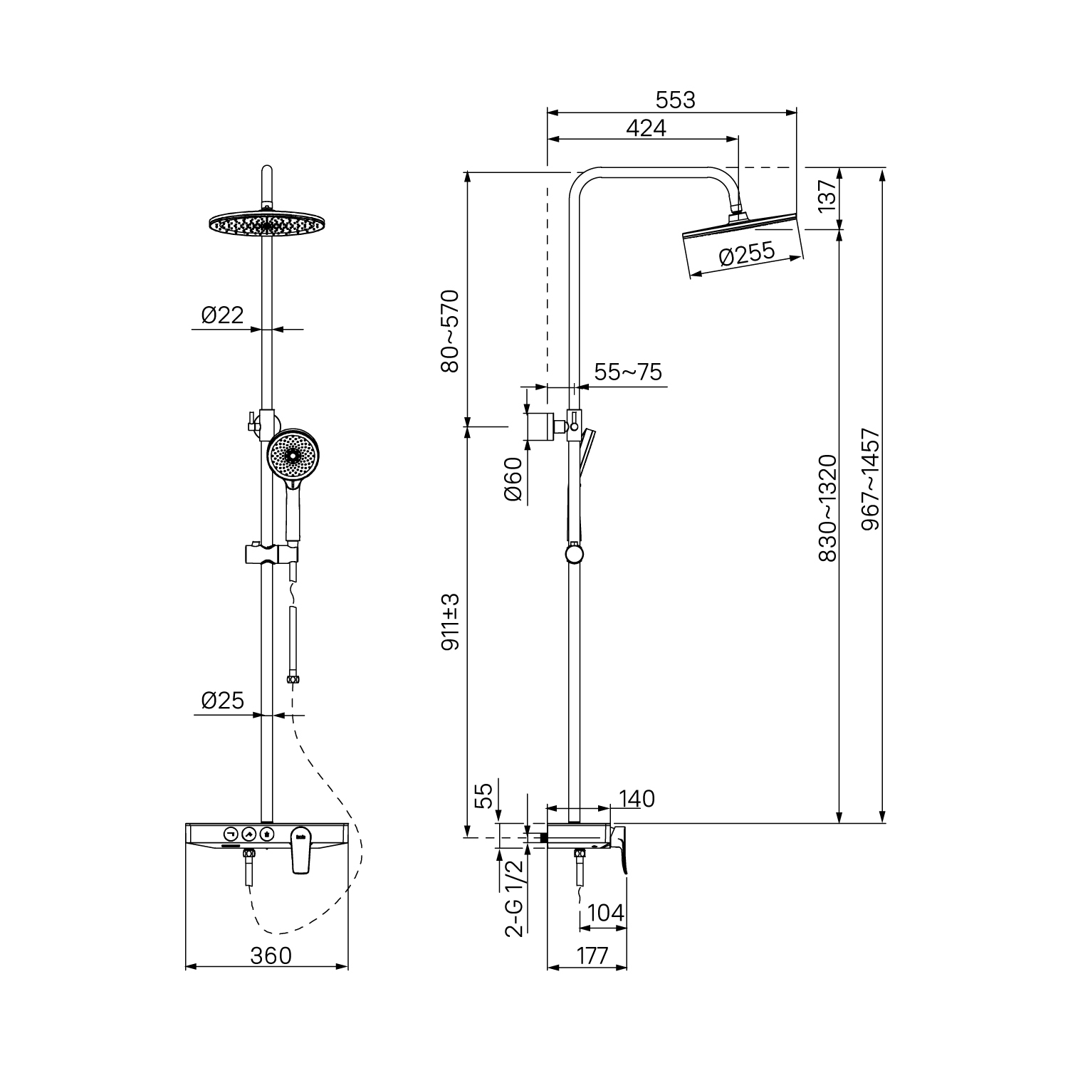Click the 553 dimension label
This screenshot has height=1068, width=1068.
point(675,100)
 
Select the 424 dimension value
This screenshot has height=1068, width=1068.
point(646,128)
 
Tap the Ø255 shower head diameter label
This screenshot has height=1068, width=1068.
point(746,254)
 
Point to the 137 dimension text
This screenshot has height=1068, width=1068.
point(827,197)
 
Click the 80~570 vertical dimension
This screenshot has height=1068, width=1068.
point(451,331)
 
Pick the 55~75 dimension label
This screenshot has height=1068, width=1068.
point(627,372)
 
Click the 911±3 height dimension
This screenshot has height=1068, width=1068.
point(451,621)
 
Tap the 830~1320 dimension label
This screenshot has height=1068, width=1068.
point(827,508)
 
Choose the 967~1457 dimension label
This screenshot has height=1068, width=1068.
point(870,479)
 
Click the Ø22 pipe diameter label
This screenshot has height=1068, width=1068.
point(222,315)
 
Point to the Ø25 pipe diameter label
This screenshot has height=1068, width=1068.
point(222,701)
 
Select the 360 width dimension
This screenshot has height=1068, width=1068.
point(271,955)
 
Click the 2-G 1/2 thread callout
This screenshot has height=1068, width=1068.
point(514,898)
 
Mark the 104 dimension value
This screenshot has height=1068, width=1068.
point(607,913)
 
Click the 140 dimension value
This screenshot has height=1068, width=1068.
point(636,799)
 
